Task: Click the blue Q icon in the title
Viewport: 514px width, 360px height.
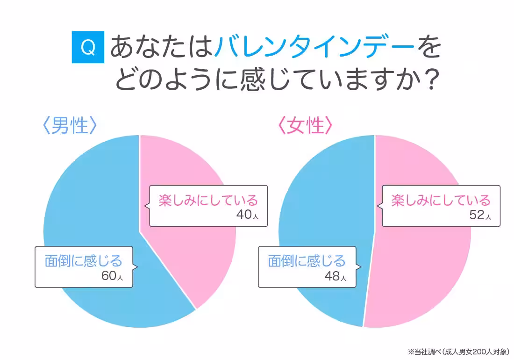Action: (x=88, y=47)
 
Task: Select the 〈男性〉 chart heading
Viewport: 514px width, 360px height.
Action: (x=70, y=126)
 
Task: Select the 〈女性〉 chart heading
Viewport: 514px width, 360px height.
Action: (x=305, y=126)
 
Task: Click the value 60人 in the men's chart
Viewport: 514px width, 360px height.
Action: (x=112, y=275)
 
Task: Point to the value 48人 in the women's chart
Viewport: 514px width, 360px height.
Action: (x=335, y=276)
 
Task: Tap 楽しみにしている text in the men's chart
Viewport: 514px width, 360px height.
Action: (x=208, y=200)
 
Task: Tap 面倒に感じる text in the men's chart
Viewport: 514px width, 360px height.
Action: (x=83, y=260)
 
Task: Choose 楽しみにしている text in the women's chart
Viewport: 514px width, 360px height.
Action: (x=441, y=200)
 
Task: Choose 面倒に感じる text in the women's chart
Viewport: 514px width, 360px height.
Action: (x=307, y=260)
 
